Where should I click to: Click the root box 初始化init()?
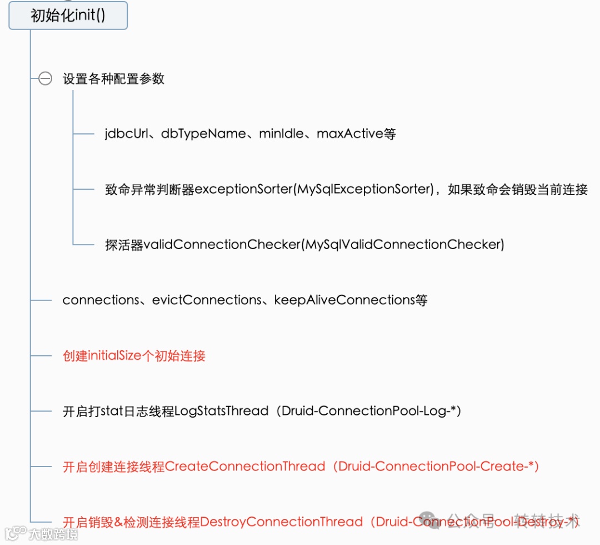68,15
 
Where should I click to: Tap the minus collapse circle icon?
46,79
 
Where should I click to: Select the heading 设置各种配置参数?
113,79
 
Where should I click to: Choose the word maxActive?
349,134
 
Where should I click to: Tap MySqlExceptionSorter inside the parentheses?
364,190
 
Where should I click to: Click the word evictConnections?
207,300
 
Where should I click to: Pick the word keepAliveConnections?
344,300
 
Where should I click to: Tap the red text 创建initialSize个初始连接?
134,356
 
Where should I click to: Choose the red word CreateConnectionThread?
245,467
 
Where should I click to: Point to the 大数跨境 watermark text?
53,534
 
